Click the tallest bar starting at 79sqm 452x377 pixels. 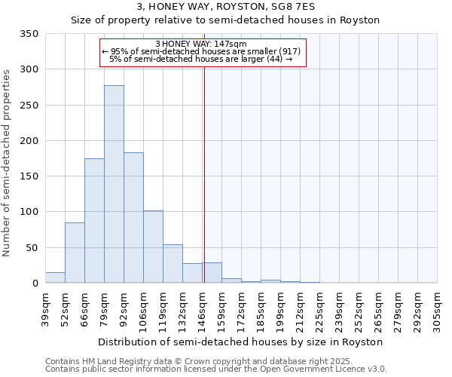click(x=114, y=184)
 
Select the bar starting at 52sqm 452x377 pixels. click(x=75, y=253)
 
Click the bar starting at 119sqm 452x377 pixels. click(x=173, y=263)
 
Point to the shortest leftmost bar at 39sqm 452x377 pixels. click(x=55, y=277)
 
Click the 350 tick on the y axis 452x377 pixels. click(x=29, y=34)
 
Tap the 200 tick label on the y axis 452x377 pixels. click(x=29, y=141)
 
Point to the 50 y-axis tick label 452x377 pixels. click(x=32, y=248)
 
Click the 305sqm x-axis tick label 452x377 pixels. click(x=438, y=307)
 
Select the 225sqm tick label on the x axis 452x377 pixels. click(x=320, y=307)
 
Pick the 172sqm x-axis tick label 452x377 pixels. click(x=242, y=307)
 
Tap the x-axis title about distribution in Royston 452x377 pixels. click(x=240, y=342)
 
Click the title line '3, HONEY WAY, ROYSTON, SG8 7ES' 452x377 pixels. click(x=225, y=8)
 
